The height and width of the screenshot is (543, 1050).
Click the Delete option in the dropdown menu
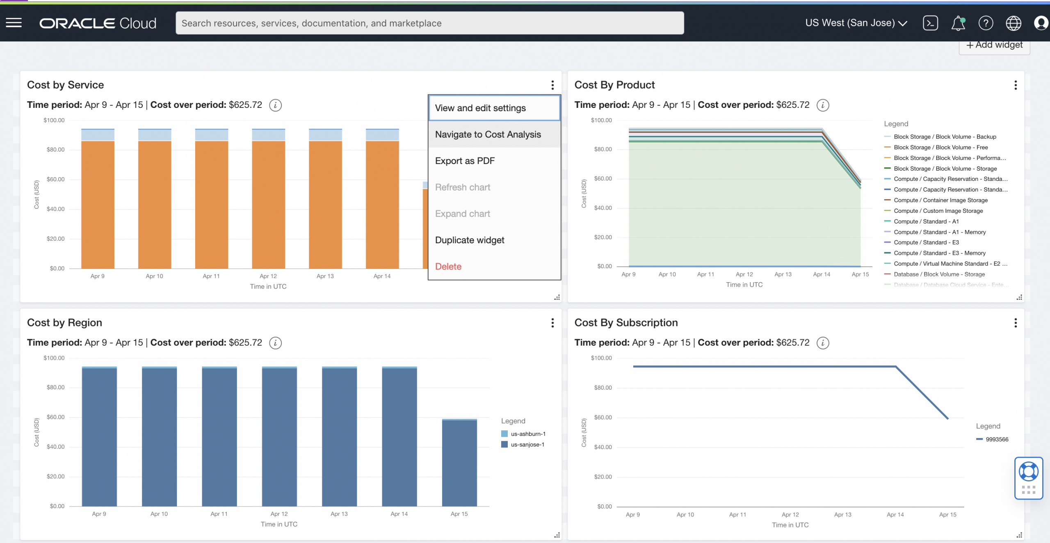(448, 267)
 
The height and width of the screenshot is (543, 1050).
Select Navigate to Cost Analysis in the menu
(488, 135)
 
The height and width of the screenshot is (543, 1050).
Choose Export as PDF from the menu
(465, 161)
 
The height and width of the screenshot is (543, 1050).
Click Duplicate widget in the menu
(469, 240)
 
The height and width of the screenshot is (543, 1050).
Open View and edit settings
(480, 108)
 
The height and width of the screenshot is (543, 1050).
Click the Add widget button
(994, 45)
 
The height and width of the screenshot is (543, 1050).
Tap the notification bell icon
(958, 23)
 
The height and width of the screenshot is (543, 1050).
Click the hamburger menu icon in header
(14, 23)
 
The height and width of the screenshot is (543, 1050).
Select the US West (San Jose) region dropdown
(856, 23)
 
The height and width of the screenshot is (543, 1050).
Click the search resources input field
(429, 23)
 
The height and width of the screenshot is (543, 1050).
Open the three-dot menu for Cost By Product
(1015, 85)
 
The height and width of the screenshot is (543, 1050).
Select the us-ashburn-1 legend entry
(527, 434)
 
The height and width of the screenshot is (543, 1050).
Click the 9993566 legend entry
(997, 439)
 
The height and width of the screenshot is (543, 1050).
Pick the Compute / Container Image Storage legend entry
(940, 200)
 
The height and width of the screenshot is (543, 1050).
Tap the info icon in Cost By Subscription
(822, 343)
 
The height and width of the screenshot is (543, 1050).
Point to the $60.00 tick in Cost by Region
(55, 417)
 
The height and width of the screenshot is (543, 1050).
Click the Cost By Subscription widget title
(626, 323)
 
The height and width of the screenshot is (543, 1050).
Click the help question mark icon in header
(986, 23)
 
